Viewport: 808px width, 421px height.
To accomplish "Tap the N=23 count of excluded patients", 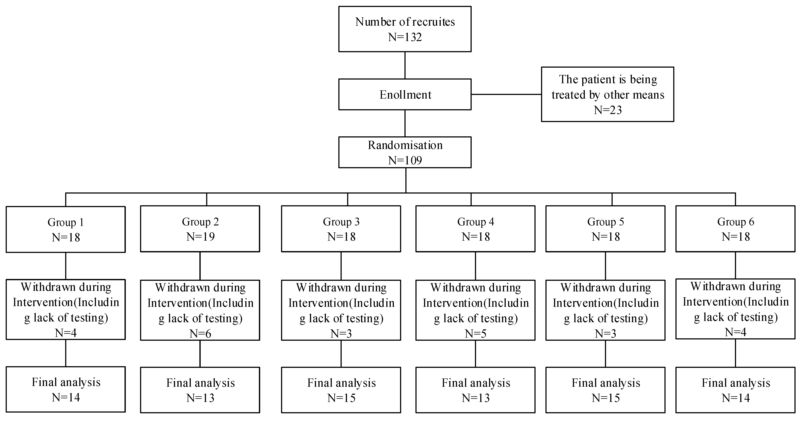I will pos(608,110).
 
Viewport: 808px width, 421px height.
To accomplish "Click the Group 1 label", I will pos(66,222).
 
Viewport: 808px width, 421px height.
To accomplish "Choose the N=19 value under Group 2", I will pos(200,237).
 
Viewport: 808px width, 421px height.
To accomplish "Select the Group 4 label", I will pos(475,222).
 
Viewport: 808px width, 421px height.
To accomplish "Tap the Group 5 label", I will pos(605,222).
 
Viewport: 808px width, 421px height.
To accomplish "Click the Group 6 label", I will pos(735,222).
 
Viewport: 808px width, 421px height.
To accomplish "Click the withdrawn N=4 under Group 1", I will pos(66,333).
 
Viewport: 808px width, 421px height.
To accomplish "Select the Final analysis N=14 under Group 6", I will pos(735,398).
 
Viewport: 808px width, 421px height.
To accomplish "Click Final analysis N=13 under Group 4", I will pos(475,398).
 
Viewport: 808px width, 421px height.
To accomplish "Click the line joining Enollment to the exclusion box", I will pos(506,94).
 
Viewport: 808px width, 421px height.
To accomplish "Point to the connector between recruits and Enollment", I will pos(405,65).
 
